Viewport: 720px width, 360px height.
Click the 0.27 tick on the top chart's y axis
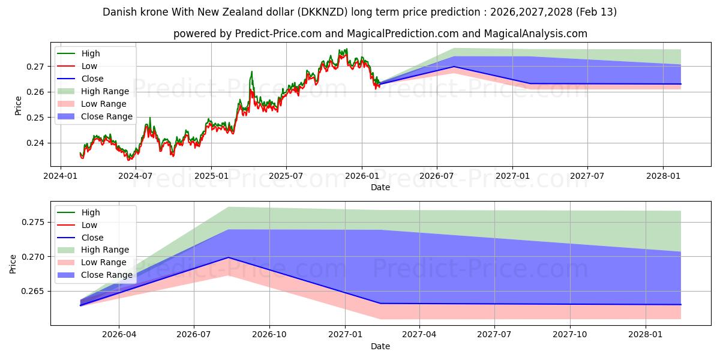(37, 67)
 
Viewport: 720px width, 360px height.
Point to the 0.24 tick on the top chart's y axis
(37, 143)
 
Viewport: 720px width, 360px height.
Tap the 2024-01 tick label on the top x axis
(60, 176)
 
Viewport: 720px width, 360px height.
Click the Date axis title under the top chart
(380, 187)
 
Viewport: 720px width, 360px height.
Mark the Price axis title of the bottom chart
(13, 263)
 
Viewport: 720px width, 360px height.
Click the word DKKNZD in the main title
(322, 12)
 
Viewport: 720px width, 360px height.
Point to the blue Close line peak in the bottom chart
(228, 257)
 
